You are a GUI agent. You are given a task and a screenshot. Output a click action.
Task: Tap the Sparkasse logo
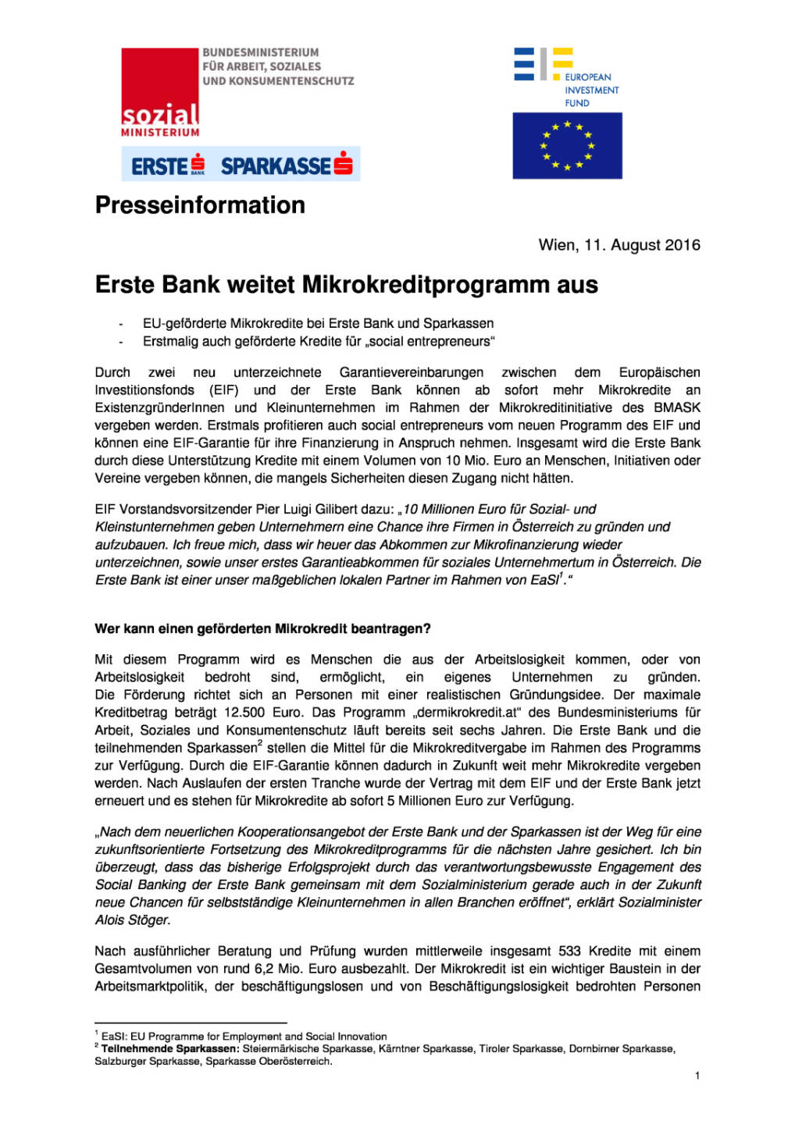tap(286, 165)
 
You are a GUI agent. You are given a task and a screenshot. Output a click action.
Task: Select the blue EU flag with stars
tap(567, 146)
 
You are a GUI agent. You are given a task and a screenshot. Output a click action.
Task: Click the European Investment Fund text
tap(591, 90)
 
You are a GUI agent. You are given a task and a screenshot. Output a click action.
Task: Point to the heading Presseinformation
tap(200, 205)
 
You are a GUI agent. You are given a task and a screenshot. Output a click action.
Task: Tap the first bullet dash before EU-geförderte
tap(121, 324)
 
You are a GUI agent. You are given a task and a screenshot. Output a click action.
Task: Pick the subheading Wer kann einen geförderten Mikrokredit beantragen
tap(262, 628)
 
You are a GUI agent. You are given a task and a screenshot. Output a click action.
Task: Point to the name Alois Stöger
tap(131, 920)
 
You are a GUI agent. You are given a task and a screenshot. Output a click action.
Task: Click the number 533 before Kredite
tap(569, 951)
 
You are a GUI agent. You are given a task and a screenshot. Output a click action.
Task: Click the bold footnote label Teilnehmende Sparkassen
tap(170, 1048)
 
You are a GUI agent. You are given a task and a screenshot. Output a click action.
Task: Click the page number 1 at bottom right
tap(697, 1076)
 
